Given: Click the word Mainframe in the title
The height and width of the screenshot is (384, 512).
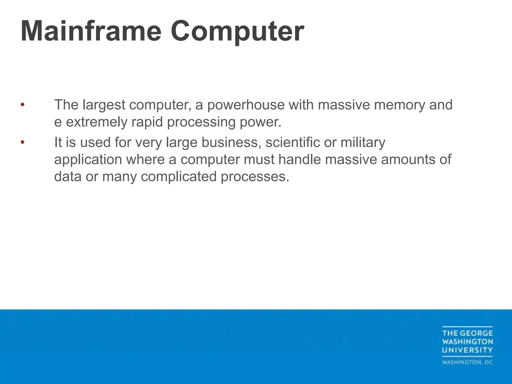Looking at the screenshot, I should (91, 31).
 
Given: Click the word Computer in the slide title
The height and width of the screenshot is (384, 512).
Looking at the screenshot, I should (237, 32).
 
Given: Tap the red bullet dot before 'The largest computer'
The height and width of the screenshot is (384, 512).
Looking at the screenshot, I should (22, 104).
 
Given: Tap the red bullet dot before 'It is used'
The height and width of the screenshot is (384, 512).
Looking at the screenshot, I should (22, 142).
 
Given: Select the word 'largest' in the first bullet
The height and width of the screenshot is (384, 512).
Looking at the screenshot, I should (104, 105).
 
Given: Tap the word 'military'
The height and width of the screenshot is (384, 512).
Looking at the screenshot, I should (363, 142).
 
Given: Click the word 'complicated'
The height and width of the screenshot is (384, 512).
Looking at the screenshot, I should (178, 177).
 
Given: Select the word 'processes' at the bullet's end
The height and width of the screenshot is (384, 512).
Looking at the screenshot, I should (254, 177).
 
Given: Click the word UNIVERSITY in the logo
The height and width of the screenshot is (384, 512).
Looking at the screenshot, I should (467, 350).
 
